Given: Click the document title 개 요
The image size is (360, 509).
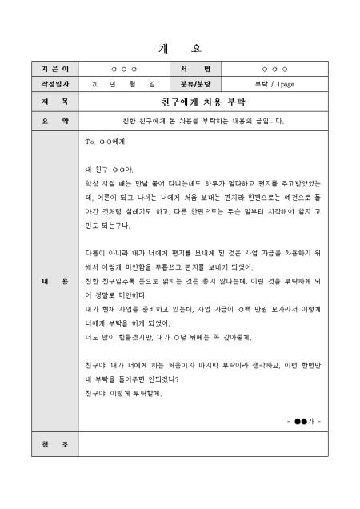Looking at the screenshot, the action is click(180, 46).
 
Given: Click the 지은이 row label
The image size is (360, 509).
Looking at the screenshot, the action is click(54, 70).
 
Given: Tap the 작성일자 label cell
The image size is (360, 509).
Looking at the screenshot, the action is click(54, 82).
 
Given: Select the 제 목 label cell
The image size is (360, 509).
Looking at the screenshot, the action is click(54, 102).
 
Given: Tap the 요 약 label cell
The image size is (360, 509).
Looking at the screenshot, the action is click(54, 121).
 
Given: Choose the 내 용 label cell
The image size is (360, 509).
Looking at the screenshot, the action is click(54, 283).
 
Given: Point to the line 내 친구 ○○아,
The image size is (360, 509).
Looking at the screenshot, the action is click(109, 170).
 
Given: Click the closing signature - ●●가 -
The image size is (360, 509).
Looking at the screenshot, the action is click(303, 419).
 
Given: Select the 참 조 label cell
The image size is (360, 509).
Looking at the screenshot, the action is click(54, 444).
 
